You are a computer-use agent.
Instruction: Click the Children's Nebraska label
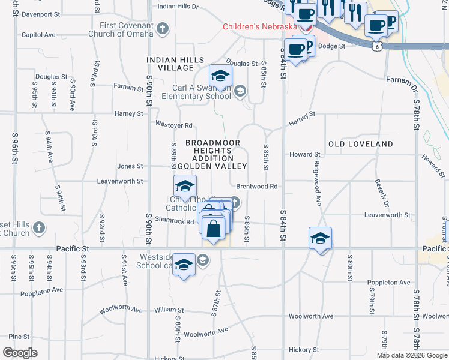click(260, 26)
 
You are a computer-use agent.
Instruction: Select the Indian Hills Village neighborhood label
click(176, 64)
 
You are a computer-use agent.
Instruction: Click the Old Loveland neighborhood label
click(360, 144)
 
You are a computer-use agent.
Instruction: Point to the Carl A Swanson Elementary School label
click(202, 92)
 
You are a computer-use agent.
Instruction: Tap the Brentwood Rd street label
click(256, 187)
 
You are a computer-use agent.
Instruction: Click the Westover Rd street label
click(173, 125)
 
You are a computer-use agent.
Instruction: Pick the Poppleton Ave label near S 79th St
click(389, 282)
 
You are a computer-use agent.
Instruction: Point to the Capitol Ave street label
click(38, 35)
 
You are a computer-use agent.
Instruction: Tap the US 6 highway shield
click(376, 46)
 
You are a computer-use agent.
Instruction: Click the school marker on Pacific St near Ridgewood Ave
click(321, 238)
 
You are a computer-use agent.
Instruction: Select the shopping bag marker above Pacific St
click(214, 229)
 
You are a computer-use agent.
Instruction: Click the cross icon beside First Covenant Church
click(162, 28)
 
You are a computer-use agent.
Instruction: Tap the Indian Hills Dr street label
click(178, 6)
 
